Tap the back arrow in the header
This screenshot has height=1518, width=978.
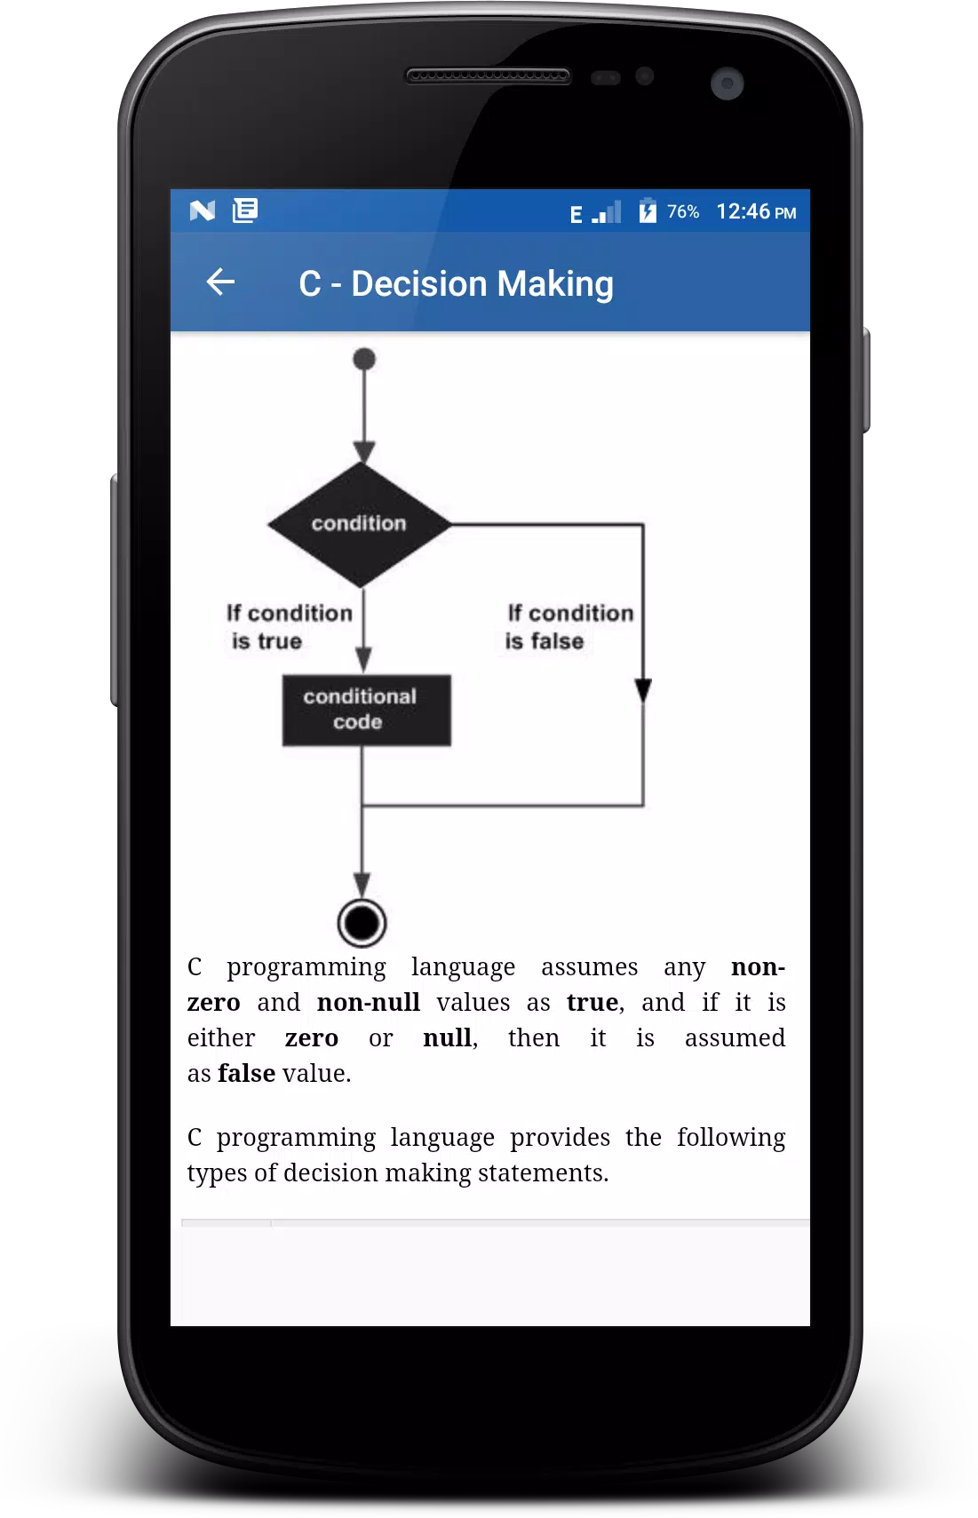(x=220, y=282)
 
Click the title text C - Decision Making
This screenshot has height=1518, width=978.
(x=456, y=284)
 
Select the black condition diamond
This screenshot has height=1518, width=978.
(x=360, y=525)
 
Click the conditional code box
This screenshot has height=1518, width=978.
(x=366, y=711)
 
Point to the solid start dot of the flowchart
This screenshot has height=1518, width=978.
(x=364, y=359)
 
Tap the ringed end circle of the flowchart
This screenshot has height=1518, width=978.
(x=362, y=923)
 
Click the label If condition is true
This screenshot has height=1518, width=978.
(x=290, y=627)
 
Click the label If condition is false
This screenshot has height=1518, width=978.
(x=569, y=627)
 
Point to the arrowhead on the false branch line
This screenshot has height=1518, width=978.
(x=643, y=690)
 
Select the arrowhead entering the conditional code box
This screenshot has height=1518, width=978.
(x=364, y=659)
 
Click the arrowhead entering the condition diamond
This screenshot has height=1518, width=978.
(x=364, y=452)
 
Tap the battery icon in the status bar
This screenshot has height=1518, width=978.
(x=648, y=211)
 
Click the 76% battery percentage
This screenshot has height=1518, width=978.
(x=682, y=212)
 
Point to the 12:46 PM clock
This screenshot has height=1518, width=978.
(x=757, y=212)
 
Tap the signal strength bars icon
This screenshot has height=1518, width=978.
(x=606, y=212)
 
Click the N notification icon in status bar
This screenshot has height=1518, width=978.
(x=202, y=211)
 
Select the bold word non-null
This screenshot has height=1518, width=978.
(x=369, y=1002)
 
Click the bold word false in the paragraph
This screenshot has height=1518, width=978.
(x=247, y=1074)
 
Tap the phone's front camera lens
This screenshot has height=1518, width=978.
(x=728, y=84)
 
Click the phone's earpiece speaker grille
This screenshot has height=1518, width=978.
(x=488, y=76)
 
